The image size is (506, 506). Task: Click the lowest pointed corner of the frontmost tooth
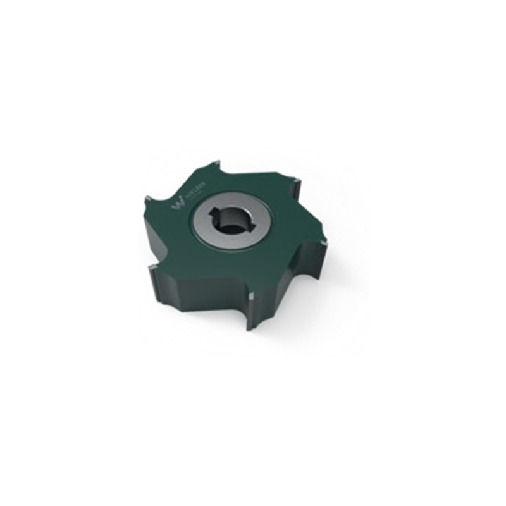point(251,329)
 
